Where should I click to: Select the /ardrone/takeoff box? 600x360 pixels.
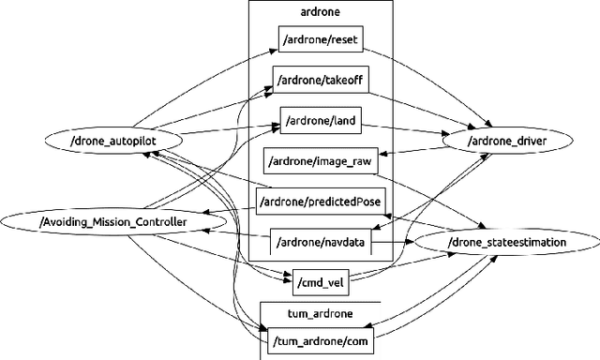(322, 82)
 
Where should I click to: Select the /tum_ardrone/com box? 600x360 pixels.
(319, 339)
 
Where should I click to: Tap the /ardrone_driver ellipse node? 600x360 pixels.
(506, 141)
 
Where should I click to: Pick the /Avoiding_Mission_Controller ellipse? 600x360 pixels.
(112, 222)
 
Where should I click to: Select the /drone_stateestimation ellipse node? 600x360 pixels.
(506, 242)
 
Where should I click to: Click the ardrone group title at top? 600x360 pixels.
(320, 13)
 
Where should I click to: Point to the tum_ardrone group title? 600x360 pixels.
(319, 313)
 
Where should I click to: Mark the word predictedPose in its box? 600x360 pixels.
(349, 202)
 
